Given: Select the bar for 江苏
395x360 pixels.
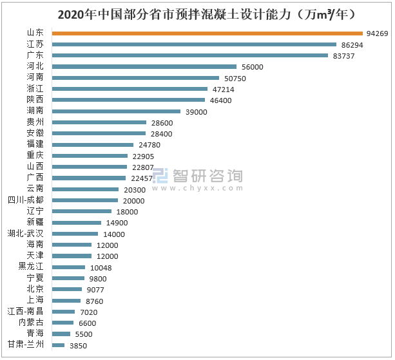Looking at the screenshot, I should pos(194,44).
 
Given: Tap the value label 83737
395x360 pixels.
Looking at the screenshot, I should pos(344,55).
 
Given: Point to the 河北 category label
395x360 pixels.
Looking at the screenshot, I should pos(35,66).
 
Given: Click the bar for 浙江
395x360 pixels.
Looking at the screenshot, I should pos(130,89).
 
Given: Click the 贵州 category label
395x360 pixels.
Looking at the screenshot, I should pos(35,122).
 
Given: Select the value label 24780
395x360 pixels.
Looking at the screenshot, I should pos(149,144).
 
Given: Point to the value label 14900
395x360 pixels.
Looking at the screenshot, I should pos(117,223).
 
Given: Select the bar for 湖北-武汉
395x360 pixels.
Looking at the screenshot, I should pos(75,234).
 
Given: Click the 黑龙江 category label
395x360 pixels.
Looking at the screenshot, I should pos(32,267).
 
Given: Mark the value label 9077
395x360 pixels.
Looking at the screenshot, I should pos(97,290).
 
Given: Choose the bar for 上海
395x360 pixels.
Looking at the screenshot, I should pos(66,301).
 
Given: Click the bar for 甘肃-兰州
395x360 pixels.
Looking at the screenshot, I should pos(58,345).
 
